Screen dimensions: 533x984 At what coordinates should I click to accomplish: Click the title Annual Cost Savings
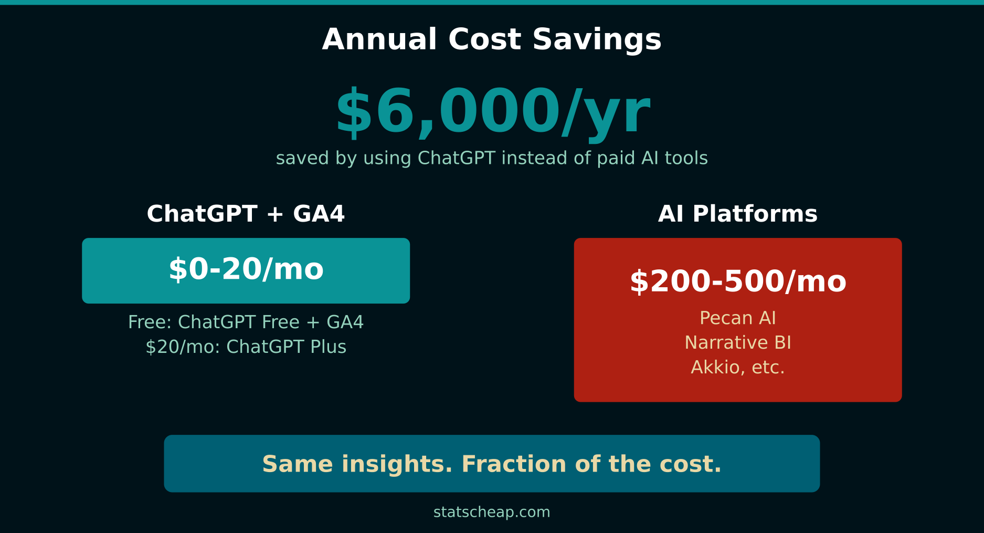pos(492,40)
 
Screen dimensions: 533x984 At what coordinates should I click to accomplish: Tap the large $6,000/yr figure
pos(493,112)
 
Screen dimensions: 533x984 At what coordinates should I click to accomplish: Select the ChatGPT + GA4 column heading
pos(246,214)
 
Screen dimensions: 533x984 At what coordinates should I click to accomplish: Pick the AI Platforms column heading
pos(737,214)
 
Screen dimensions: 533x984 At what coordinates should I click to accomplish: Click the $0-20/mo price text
pos(246,269)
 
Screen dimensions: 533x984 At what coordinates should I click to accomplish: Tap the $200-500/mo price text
pos(737,281)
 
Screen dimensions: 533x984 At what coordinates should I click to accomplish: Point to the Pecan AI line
pos(737,318)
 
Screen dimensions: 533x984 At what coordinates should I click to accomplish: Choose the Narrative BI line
pos(737,343)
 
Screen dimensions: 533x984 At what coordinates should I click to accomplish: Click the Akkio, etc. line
pos(737,368)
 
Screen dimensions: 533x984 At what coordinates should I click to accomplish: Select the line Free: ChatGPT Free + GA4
pos(246,322)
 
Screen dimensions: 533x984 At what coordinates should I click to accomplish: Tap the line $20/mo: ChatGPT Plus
pos(246,347)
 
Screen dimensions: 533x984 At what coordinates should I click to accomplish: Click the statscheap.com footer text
pos(492,512)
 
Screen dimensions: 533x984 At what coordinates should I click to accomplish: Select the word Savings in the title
pos(597,40)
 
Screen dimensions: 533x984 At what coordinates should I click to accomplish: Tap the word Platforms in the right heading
pos(755,214)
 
